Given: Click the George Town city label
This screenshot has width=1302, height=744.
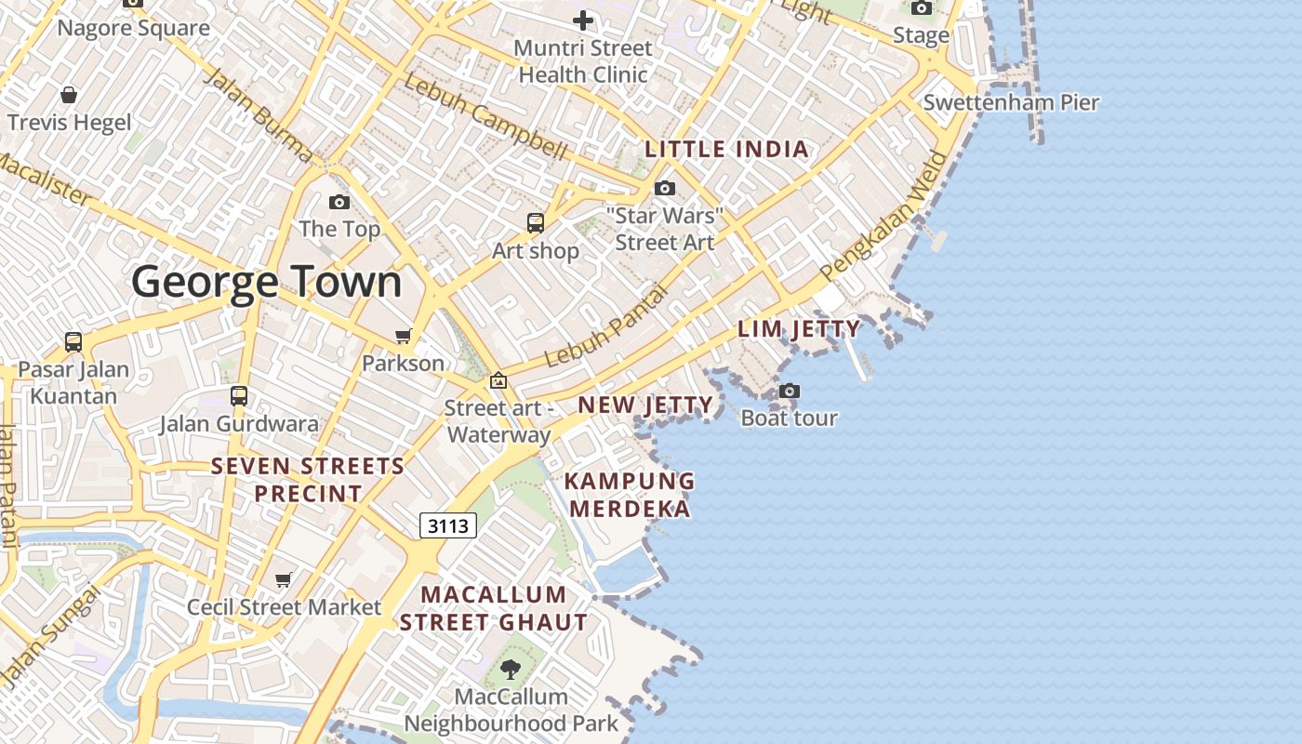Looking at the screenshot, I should pos(267,282).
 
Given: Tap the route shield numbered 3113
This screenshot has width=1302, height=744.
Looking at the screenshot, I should pos(448,525).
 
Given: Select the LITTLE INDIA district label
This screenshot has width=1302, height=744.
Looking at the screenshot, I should pos(727,149).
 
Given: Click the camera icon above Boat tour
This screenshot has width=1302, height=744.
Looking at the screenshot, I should pos(790,391).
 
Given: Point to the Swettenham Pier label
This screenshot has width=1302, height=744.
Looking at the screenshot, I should pos(1011,102).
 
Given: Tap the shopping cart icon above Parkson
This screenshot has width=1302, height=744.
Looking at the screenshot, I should pos(403,336).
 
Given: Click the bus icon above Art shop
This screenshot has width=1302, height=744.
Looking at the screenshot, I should pos(536,223).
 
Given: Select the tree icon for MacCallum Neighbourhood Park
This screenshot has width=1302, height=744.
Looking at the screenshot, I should pos(511,669).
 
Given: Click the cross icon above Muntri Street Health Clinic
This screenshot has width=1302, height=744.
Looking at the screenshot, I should pos(583,20).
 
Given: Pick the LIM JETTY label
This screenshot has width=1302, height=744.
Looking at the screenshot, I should pos(799,328).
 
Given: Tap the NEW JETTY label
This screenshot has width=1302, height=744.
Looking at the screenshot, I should pos(645,405).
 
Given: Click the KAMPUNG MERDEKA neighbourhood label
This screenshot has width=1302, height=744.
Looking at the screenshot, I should pos(630,495).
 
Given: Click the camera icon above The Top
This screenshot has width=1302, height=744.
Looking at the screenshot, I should pos(339,202).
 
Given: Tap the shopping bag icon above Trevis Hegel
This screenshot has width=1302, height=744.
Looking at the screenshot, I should pos(69,95).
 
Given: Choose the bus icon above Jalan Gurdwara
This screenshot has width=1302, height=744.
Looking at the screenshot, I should pos(239,396).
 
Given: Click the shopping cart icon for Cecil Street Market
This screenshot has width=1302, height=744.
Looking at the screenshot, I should pos(284,580).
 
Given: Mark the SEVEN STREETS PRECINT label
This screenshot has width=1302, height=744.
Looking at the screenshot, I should pos(308,479).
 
